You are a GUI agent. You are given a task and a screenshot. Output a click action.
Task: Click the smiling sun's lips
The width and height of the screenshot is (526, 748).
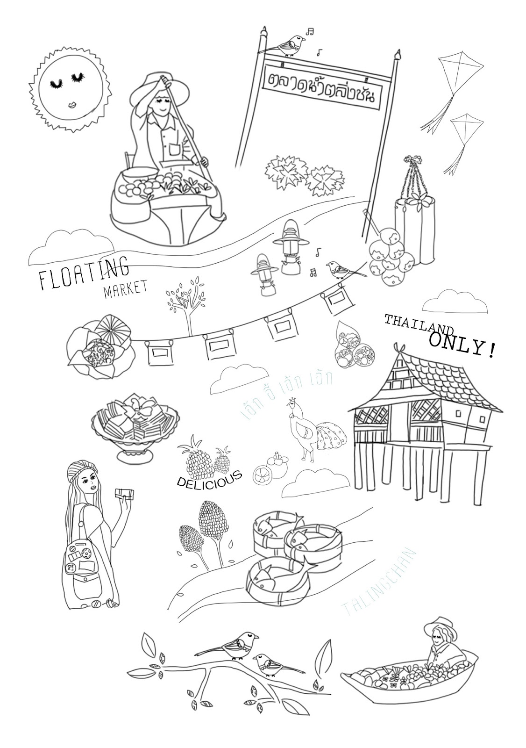point(73,104)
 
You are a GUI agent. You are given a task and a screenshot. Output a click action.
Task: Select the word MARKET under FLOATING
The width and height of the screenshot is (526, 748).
point(125,288)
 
